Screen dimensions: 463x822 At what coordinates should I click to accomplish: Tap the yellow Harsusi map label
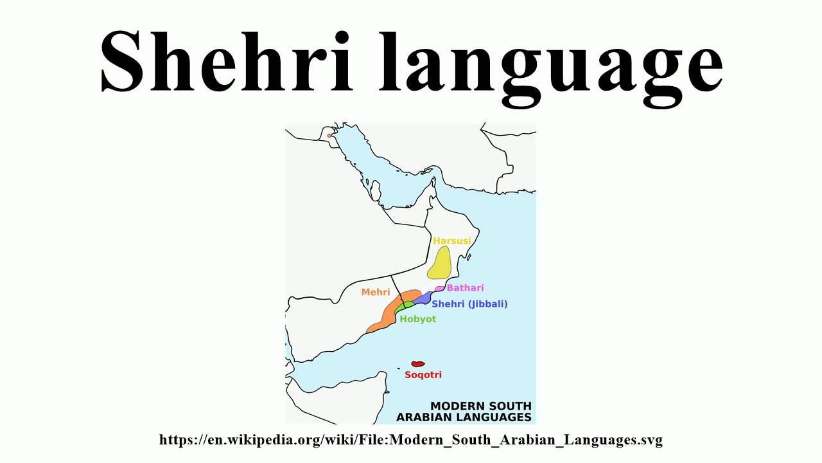pyautogui.click(x=451, y=241)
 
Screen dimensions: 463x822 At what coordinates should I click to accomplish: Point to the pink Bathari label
pyautogui.click(x=465, y=288)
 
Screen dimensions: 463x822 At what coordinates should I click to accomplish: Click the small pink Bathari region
pyautogui.click(x=440, y=289)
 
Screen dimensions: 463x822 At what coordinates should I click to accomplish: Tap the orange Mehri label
pyautogui.click(x=376, y=292)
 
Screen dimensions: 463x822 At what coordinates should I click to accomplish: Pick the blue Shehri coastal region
pyautogui.click(x=422, y=298)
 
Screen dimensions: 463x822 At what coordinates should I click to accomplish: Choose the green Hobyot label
pyautogui.click(x=417, y=319)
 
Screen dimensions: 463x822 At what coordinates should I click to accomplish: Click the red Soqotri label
pyautogui.click(x=423, y=375)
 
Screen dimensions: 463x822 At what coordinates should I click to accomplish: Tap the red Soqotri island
pyautogui.click(x=418, y=364)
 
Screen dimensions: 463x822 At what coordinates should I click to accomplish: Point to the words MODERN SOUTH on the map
pyautogui.click(x=480, y=406)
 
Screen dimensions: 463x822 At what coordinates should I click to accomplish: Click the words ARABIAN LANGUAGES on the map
pyautogui.click(x=464, y=417)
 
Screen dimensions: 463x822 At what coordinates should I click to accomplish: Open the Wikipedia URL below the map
pyautogui.click(x=411, y=440)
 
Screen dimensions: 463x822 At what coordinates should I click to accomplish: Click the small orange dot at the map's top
pyautogui.click(x=329, y=135)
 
